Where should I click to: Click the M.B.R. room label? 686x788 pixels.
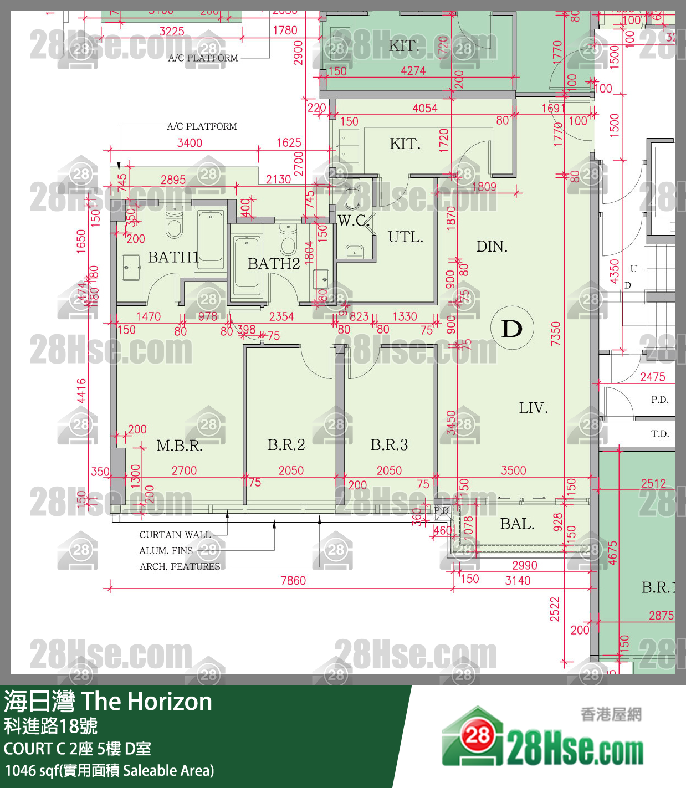click(180, 446)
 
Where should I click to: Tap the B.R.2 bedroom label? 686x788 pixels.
click(286, 444)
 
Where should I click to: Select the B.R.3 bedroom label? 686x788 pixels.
click(389, 444)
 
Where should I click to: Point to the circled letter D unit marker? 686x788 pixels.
click(512, 328)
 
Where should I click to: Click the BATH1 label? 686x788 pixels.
click(173, 257)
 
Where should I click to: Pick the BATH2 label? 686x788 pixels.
click(274, 264)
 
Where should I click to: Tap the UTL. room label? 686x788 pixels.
click(406, 237)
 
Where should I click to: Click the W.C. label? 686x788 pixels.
click(353, 221)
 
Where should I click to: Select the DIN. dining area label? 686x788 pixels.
click(492, 246)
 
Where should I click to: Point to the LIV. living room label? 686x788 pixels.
click(533, 408)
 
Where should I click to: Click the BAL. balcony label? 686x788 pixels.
click(517, 524)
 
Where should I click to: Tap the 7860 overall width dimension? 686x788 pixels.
click(293, 581)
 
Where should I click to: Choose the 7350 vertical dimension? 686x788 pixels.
click(556, 334)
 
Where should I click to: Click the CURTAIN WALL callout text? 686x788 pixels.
click(175, 535)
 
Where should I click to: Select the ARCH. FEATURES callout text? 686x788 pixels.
click(180, 566)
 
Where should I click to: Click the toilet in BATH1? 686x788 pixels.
click(174, 225)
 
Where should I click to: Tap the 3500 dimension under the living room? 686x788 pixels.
click(514, 470)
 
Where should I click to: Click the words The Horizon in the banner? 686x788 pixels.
click(147, 702)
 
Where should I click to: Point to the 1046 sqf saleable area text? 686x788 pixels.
click(109, 771)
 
